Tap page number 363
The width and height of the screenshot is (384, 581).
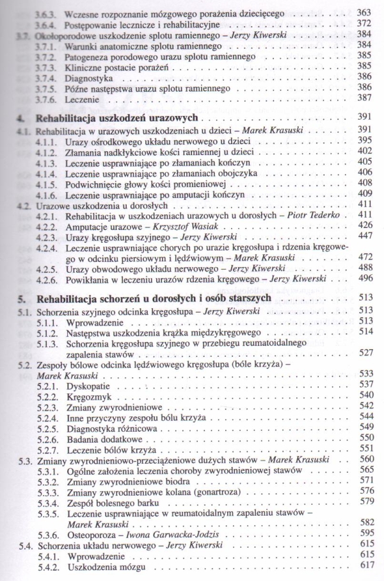click(x=364, y=12)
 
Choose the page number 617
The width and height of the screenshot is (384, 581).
click(x=364, y=566)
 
